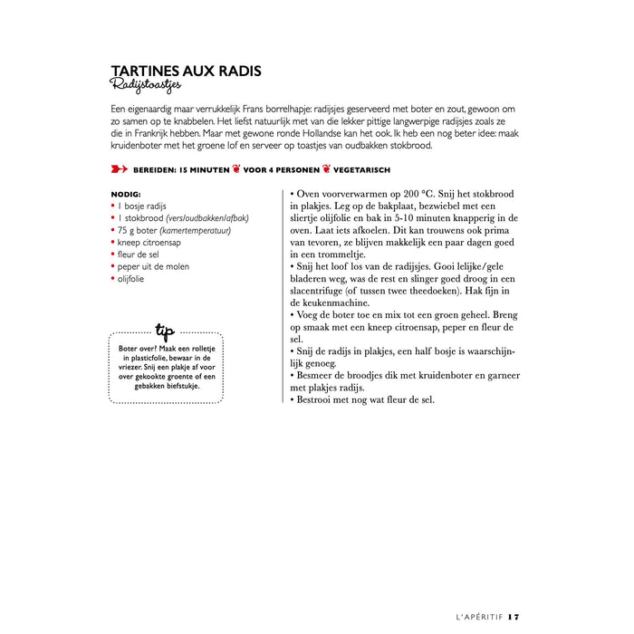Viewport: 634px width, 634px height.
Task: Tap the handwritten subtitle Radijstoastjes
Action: point(146,85)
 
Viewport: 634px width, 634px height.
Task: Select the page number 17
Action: point(514,617)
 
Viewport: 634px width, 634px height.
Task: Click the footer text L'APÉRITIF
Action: point(478,617)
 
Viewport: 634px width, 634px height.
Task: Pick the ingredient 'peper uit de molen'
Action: point(153,267)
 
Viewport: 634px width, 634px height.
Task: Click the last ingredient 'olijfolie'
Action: point(130,279)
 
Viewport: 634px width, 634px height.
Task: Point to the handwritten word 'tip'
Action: point(165,330)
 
